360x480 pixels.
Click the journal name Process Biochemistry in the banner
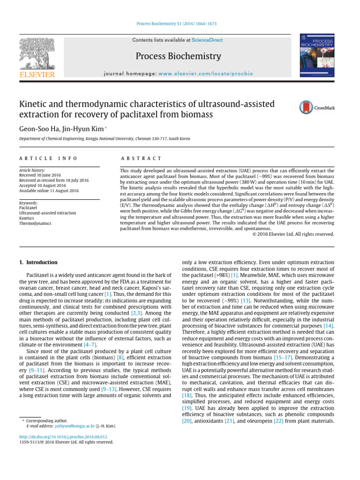click(178, 57)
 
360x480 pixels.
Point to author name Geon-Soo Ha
click(40, 128)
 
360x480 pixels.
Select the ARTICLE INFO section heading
click(48, 159)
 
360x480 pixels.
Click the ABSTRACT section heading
click(141, 159)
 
